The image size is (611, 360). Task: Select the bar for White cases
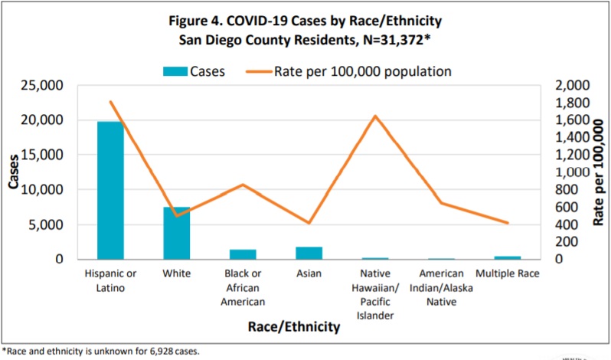click(176, 233)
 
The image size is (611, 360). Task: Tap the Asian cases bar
click(309, 253)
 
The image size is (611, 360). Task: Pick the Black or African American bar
click(243, 254)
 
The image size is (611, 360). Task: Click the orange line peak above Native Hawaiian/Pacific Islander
click(375, 116)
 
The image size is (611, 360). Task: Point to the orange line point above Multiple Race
click(507, 223)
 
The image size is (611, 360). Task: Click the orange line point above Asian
click(309, 223)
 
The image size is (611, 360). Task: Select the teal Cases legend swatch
click(176, 71)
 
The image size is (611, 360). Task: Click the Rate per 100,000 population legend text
click(362, 71)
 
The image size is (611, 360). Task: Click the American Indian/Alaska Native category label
click(441, 287)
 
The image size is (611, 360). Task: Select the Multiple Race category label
click(507, 273)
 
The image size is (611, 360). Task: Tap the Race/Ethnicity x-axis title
click(293, 327)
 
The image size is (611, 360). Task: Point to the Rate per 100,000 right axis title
click(598, 172)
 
